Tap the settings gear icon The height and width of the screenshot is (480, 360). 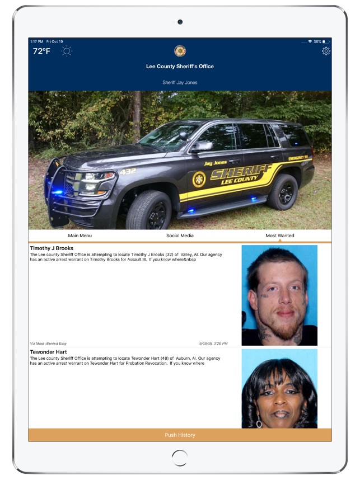point(326,51)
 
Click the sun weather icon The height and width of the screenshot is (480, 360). point(67,51)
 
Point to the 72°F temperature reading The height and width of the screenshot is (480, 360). point(41,51)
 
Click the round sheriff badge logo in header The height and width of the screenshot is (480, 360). point(180,51)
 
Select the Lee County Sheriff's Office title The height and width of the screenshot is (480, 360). point(180,67)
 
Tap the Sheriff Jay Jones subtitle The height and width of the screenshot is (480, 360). point(180,82)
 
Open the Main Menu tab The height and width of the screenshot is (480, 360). point(80,236)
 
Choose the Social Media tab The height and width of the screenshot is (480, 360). point(180,236)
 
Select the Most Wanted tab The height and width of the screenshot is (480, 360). point(279,236)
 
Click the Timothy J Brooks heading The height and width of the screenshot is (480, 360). point(52,248)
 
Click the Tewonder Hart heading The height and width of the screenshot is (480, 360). point(48,352)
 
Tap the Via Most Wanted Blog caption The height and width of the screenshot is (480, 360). point(48,343)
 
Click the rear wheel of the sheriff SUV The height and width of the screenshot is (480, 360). point(283,192)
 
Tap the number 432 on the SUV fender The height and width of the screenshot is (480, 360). point(128,172)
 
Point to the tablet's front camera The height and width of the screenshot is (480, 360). point(180,22)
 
